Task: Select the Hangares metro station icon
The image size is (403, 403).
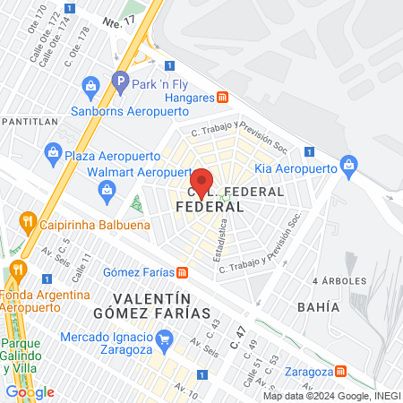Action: tap(223, 97)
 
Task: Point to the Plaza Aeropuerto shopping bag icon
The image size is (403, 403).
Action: tap(53, 154)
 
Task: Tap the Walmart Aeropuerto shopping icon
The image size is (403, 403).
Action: tap(107, 189)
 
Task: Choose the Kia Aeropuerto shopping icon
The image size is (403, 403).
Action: tap(348, 163)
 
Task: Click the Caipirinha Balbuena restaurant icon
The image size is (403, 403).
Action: tap(28, 220)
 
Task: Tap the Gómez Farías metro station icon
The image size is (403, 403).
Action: tap(182, 272)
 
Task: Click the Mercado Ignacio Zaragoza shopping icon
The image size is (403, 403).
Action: tap(163, 339)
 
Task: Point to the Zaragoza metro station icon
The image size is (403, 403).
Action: tap(341, 371)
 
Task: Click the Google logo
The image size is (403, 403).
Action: tap(30, 391)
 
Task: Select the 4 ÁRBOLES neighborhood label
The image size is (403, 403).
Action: tap(339, 281)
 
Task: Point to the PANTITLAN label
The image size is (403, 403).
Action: tap(30, 120)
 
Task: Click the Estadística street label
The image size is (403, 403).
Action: tap(219, 243)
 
